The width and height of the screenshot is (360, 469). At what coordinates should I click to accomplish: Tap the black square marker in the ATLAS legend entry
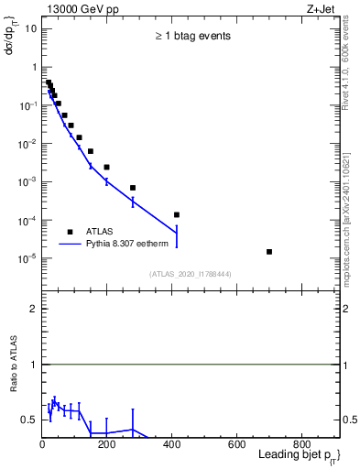click(70, 232)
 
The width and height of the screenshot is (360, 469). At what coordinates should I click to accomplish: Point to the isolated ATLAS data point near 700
click(269, 251)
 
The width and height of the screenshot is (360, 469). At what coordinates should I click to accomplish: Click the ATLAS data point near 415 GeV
click(177, 214)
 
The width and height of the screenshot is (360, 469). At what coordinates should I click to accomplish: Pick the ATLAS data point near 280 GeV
click(133, 188)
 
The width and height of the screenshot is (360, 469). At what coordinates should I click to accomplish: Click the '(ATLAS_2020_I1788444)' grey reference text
click(190, 274)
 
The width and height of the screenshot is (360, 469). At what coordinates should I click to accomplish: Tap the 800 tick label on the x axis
click(301, 445)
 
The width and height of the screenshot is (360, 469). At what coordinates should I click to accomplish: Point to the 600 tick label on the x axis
click(236, 445)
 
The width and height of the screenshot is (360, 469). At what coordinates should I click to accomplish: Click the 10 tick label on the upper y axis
click(30, 28)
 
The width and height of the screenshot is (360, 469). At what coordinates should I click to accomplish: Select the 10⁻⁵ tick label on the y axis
click(28, 258)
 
